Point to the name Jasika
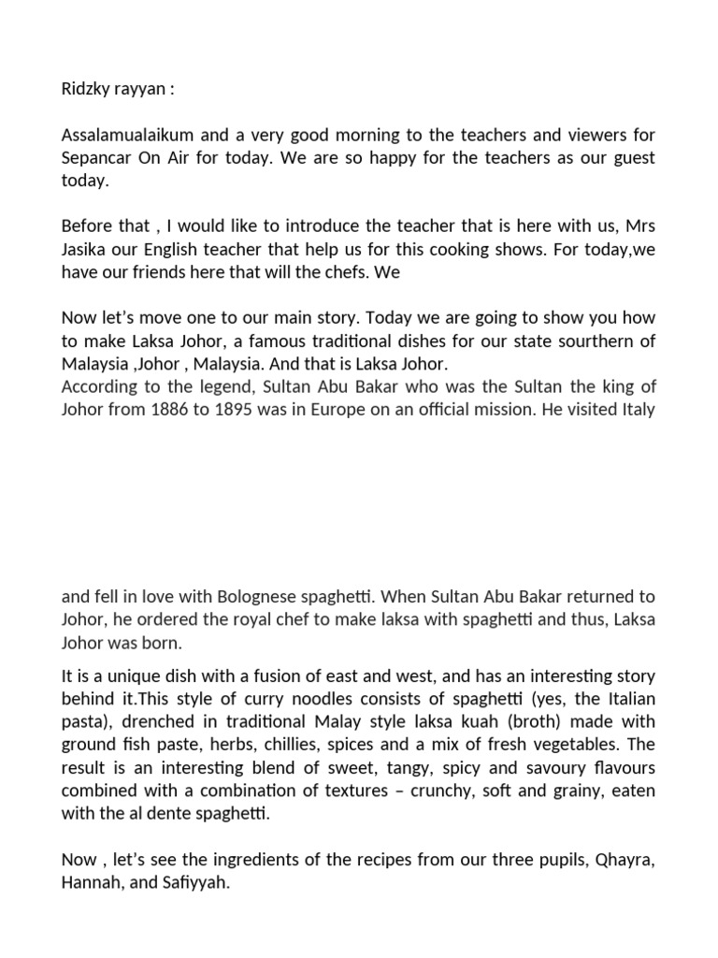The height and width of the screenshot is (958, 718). click(85, 248)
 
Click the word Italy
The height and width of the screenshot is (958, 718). click(635, 408)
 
